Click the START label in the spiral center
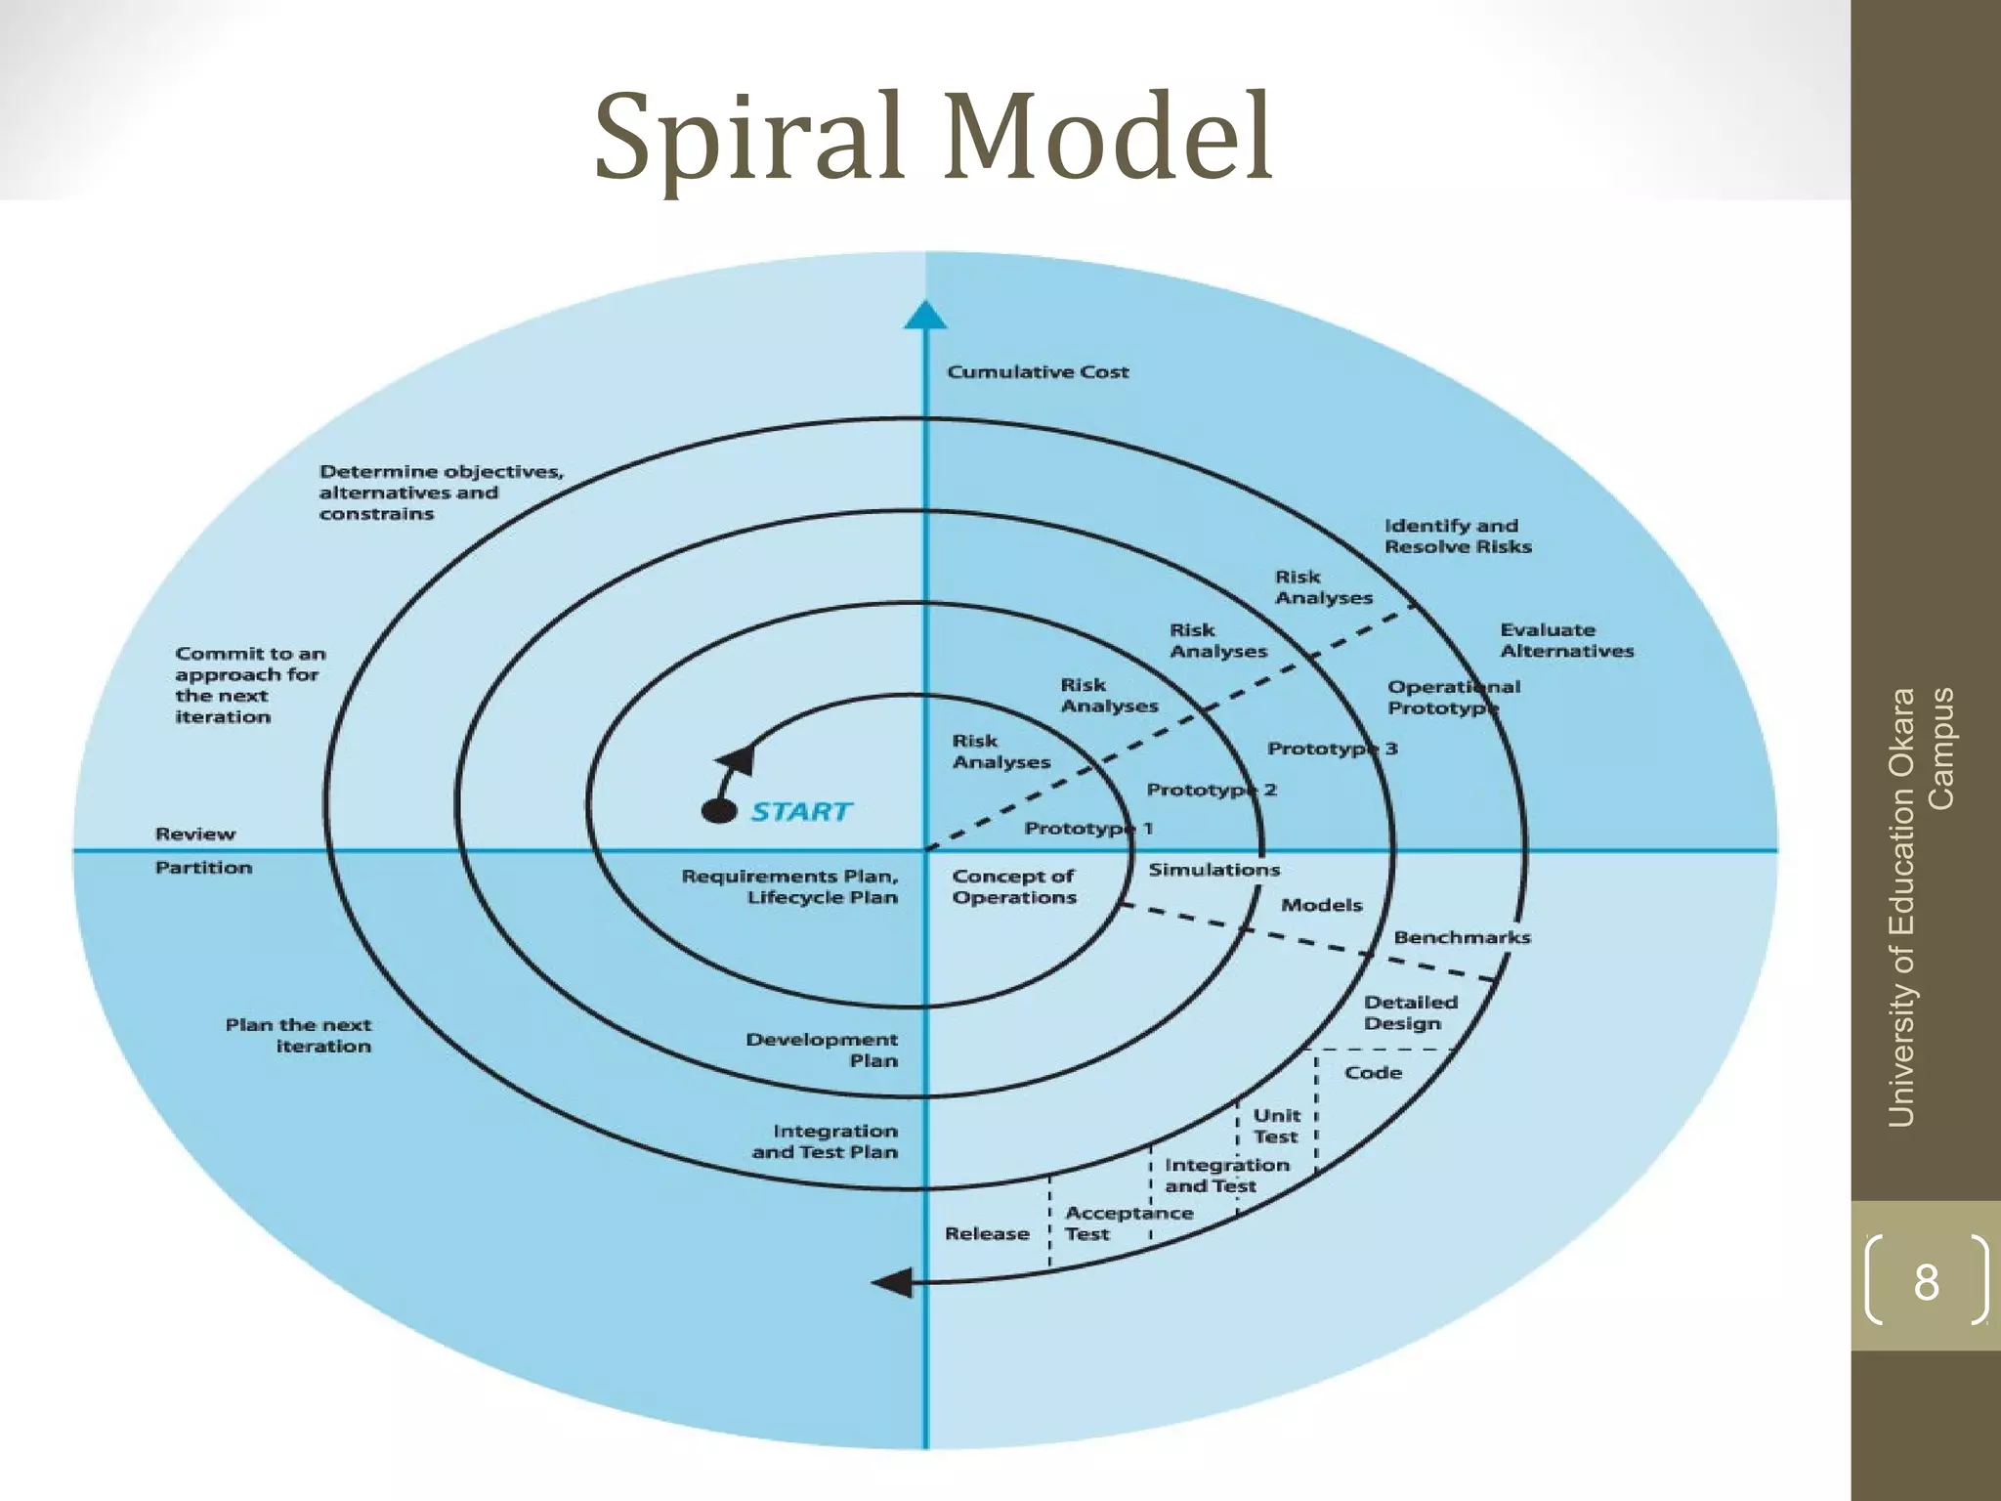801,811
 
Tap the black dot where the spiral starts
720,811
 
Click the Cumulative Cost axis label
1038,371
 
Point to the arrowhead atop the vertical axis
925,316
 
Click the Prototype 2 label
1212,790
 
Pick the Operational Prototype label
1454,697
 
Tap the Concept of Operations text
1014,886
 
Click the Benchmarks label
1462,937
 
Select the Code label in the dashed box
1373,1072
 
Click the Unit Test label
1276,1126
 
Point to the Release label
987,1233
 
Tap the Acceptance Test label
1128,1222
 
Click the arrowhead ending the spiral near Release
892,1282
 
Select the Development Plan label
822,1050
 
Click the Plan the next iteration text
299,1035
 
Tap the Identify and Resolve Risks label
1458,536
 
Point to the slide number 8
1926,1281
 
